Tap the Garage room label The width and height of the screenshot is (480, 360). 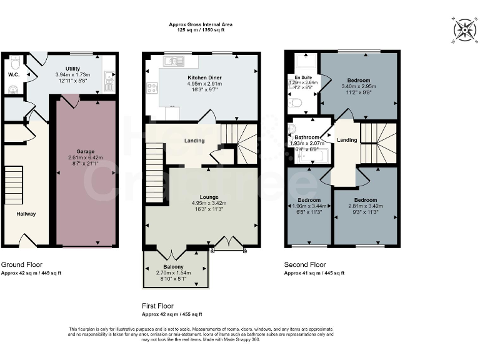(85, 151)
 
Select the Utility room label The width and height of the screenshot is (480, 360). (73, 68)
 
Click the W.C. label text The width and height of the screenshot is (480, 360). (14, 74)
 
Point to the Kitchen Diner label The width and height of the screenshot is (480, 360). (205, 77)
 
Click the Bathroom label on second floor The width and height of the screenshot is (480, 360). (307, 137)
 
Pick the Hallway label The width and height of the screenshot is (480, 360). (26, 214)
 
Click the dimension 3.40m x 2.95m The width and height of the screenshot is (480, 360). (359, 87)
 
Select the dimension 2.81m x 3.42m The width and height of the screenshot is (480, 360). (365, 206)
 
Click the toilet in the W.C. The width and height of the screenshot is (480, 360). (15, 61)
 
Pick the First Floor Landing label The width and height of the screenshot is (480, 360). (194, 141)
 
